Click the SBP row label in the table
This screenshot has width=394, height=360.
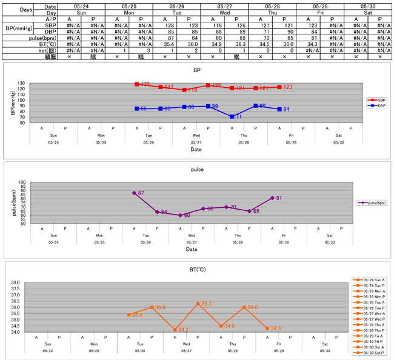[52, 26]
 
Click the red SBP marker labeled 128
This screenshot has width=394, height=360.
[137, 84]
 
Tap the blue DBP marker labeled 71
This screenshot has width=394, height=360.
[232, 116]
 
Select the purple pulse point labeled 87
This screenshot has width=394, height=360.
[134, 193]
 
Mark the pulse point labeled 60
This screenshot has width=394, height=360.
[181, 215]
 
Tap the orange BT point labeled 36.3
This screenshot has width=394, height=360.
[198, 304]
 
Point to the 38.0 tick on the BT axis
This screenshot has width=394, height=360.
[16, 283]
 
